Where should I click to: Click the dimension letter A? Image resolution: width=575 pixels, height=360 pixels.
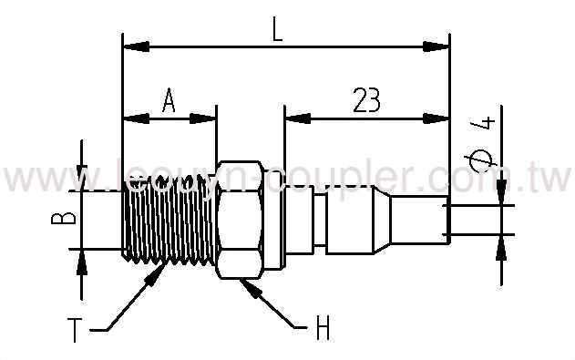(x=169, y=100)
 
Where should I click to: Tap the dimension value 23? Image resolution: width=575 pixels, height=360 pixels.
(x=364, y=99)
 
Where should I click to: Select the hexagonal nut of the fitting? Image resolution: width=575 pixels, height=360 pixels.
(x=239, y=220)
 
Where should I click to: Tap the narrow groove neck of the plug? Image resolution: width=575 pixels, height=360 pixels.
(x=323, y=220)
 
